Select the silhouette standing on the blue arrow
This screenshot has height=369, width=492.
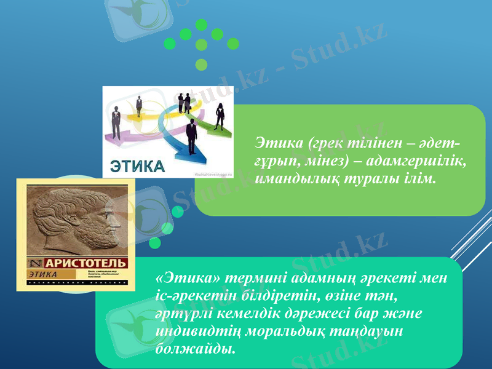[192, 137]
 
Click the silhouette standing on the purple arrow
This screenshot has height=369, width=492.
[115, 120]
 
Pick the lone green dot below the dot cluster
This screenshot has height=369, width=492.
[201, 64]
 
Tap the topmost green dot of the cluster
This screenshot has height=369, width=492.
[201, 25]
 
